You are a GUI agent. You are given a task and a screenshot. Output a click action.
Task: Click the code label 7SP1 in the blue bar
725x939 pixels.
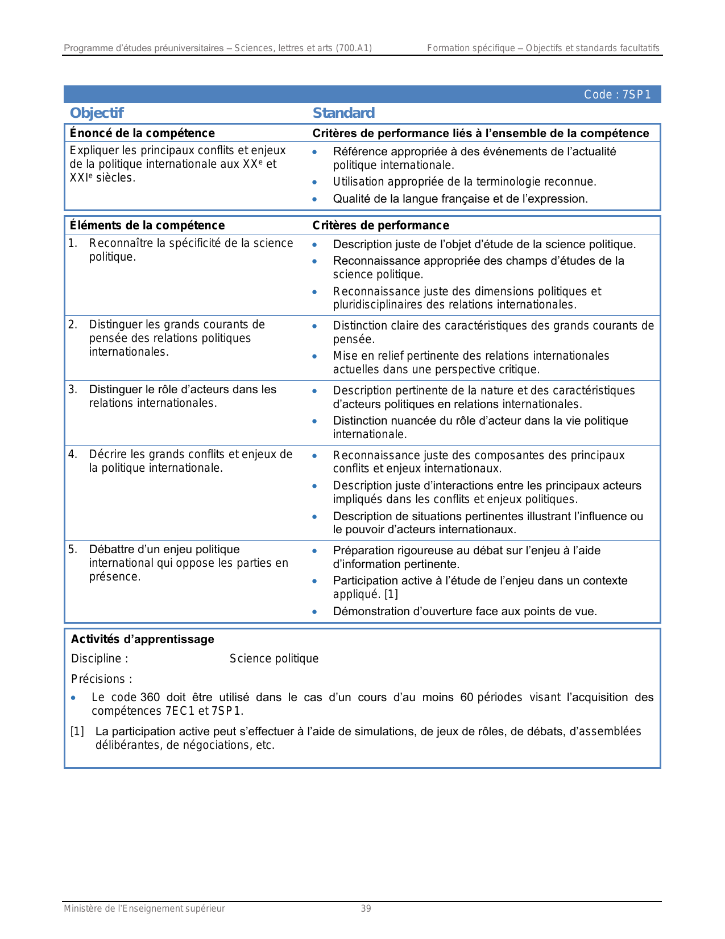pos(636,94)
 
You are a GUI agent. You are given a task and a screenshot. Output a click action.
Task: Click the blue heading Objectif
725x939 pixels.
pos(97,113)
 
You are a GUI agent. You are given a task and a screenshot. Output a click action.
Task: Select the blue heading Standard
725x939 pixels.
pos(343,113)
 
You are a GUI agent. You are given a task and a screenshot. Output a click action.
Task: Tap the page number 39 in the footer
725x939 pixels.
pos(366,908)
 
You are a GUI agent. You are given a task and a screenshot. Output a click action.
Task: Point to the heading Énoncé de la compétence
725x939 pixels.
pos(142,133)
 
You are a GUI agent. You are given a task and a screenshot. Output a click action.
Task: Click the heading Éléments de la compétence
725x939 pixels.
pos(147,225)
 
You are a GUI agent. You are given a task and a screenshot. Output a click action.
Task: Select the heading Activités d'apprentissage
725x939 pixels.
pos(142,639)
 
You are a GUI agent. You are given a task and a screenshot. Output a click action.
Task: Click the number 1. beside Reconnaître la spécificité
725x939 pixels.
pos(72,243)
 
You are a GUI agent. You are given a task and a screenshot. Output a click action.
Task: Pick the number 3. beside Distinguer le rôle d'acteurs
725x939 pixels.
pos(72,389)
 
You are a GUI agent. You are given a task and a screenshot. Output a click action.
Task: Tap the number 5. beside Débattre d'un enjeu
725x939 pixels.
pos(72,549)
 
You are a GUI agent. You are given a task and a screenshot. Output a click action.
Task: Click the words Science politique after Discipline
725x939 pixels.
pos(274,658)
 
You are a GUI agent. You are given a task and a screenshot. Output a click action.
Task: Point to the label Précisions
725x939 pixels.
pos(101,679)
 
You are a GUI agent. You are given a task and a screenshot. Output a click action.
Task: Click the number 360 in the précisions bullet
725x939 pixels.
pos(150,697)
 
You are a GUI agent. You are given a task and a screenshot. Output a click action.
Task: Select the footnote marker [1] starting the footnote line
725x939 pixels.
pos(77,731)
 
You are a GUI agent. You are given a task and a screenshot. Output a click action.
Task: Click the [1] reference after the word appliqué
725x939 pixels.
pos(391,594)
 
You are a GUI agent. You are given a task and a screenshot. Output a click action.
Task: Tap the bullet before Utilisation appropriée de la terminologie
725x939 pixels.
pos(314,183)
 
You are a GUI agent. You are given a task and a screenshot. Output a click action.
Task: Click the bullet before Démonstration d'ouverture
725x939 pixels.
pos(314,612)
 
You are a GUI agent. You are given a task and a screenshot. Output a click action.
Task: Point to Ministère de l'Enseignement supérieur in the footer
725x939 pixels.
pos(144,908)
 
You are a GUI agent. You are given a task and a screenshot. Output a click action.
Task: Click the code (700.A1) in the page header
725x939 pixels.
pos(354,48)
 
